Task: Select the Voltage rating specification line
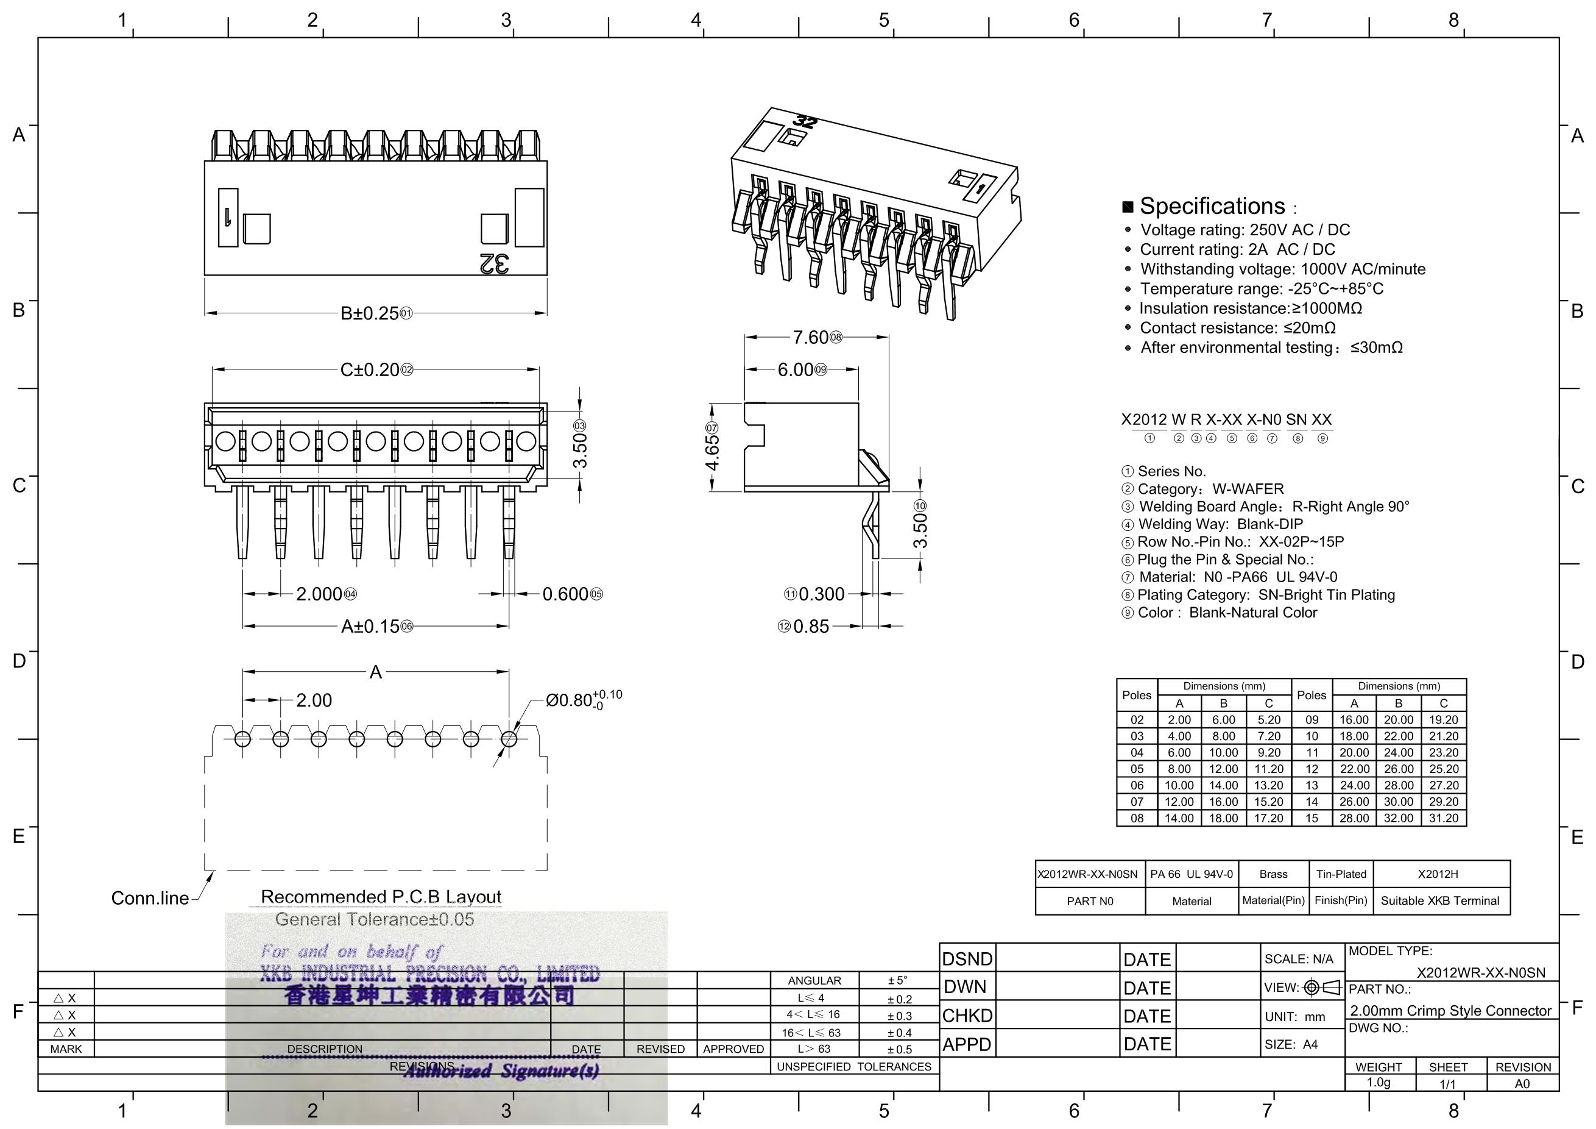click(x=1245, y=230)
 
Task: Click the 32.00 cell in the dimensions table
click(x=1398, y=818)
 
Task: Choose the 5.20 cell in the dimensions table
click(x=1269, y=720)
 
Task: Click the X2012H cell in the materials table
click(x=1438, y=874)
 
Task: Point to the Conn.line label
click(x=150, y=898)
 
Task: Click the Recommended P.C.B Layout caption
click(x=380, y=897)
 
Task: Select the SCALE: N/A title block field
click(x=1299, y=960)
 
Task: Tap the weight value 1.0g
click(x=1379, y=1083)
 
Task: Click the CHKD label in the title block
click(x=967, y=1016)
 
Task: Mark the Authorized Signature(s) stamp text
click(x=501, y=1071)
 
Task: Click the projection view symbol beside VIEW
click(x=1323, y=987)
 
